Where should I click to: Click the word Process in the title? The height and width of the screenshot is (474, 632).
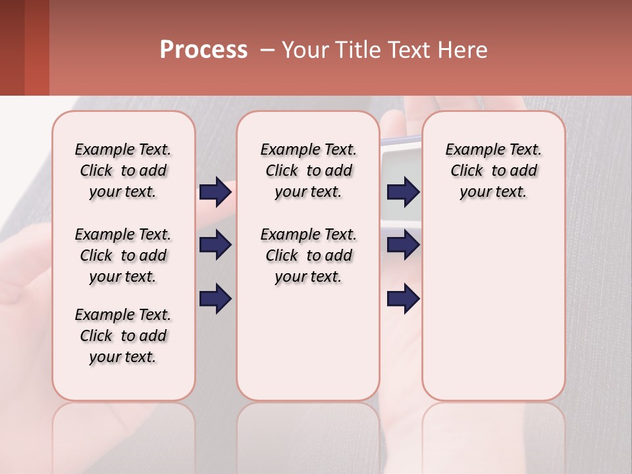(203, 50)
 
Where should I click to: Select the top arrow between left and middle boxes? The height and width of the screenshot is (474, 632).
(215, 192)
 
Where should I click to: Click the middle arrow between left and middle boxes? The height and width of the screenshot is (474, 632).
(215, 246)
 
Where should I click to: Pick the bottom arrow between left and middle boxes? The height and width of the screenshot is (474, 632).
(215, 299)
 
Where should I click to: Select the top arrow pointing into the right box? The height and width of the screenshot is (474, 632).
(403, 192)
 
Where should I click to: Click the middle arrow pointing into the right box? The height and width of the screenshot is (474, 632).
(403, 246)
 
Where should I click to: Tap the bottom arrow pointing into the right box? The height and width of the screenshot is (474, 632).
(403, 299)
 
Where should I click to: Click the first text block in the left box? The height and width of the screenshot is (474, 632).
(123, 171)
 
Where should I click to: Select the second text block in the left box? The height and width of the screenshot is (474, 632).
(123, 255)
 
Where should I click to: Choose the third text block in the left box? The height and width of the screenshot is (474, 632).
(123, 336)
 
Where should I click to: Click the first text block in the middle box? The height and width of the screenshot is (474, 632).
(309, 171)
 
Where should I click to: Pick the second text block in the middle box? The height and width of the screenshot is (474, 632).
(309, 255)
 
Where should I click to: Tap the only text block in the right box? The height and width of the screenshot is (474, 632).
(494, 171)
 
